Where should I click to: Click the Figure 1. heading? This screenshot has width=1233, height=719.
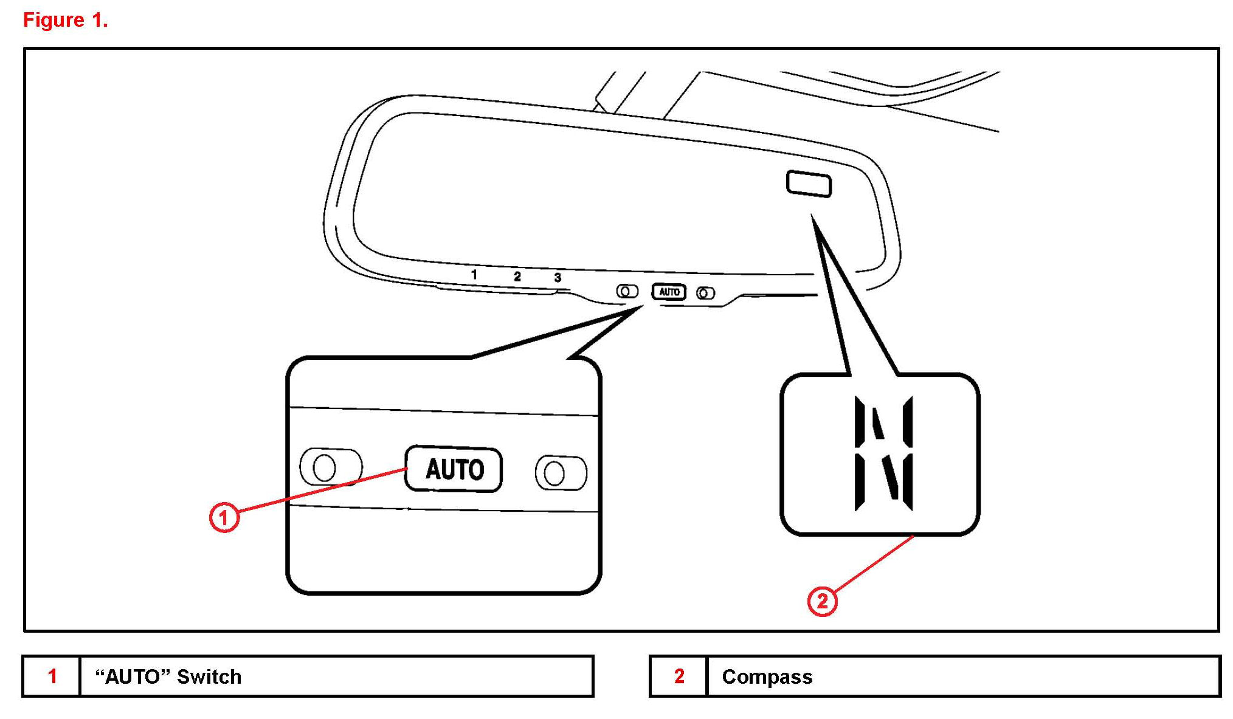coord(65,20)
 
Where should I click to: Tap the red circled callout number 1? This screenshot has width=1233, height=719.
coord(224,517)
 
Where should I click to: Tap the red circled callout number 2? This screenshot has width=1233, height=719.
coord(822,601)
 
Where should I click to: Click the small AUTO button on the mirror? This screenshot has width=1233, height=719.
coord(669,292)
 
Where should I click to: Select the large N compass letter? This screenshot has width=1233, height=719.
coord(883,453)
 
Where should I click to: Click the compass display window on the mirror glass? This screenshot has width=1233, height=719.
coord(809,184)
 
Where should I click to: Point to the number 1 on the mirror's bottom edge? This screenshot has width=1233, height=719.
coord(474,275)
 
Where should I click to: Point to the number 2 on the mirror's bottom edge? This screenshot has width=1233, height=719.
coord(517,277)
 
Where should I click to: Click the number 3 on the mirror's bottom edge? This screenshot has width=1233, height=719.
coord(558,278)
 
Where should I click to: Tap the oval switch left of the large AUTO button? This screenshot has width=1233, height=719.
coord(331,467)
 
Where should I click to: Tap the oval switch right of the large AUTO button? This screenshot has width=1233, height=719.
coord(561,473)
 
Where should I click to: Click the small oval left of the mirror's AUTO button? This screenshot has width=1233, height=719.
coord(627,291)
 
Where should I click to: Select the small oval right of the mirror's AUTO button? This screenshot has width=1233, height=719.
coord(705,294)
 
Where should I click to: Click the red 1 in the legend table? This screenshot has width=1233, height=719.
coord(52,676)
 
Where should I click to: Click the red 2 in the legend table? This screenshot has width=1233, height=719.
coord(679,676)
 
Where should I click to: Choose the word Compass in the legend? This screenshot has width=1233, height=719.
coord(767,676)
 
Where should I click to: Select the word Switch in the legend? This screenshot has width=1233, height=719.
coord(209,676)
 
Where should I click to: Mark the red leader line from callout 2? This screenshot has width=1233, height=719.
coord(873,565)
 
